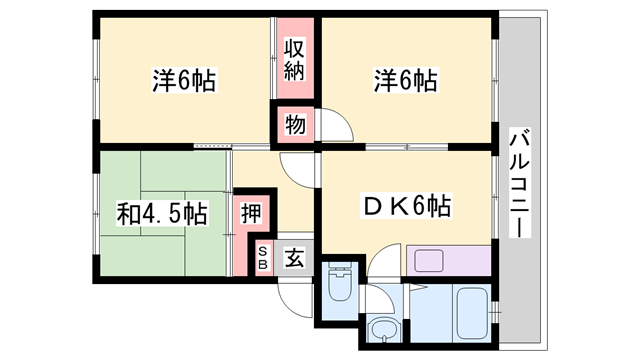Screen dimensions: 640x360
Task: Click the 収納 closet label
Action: point(295,60)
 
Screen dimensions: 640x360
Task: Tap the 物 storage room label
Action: point(295,124)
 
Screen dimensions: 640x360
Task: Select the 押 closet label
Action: point(251,213)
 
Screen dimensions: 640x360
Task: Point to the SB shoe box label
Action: point(263,258)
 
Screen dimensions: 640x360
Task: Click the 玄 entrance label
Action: point(295,257)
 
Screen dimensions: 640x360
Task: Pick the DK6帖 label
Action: point(406,206)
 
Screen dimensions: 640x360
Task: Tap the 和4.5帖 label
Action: point(162,213)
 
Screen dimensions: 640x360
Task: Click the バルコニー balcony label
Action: point(520,182)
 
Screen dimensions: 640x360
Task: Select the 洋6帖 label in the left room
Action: point(184,80)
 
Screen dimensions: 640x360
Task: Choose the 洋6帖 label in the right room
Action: point(406,80)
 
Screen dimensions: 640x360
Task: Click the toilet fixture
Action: point(340,282)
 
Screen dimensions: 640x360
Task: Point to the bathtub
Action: point(472,314)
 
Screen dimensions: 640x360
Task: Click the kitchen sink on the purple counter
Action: point(429,260)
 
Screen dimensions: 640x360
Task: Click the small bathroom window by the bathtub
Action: point(496,313)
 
